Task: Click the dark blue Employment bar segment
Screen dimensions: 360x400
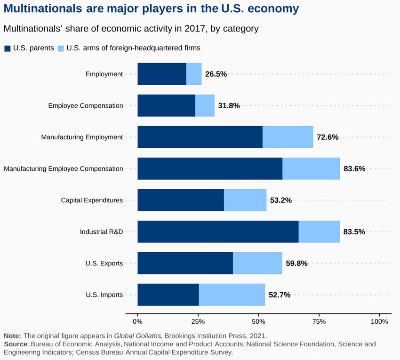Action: coord(162,74)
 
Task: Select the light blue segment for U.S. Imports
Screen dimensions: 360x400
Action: coord(232,295)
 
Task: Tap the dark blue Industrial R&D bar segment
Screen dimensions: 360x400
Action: coord(218,232)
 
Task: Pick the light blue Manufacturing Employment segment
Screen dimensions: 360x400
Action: coord(288,137)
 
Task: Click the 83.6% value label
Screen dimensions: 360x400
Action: coord(354,169)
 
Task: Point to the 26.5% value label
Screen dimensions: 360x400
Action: coord(216,74)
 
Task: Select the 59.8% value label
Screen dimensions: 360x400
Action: coord(296,264)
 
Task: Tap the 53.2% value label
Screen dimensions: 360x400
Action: coord(281,200)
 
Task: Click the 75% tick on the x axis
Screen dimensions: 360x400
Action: coord(319,322)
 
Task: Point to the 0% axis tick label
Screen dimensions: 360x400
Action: coord(137,322)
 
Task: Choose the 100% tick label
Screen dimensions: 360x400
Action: coord(379,322)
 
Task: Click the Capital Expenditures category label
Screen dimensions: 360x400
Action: coord(92,200)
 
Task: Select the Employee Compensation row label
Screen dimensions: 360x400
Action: coord(86,106)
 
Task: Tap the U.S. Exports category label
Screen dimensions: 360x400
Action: coord(104,264)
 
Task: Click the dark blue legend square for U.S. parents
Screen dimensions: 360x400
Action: coord(8,48)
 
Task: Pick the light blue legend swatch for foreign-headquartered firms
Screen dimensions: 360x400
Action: coord(61,48)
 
